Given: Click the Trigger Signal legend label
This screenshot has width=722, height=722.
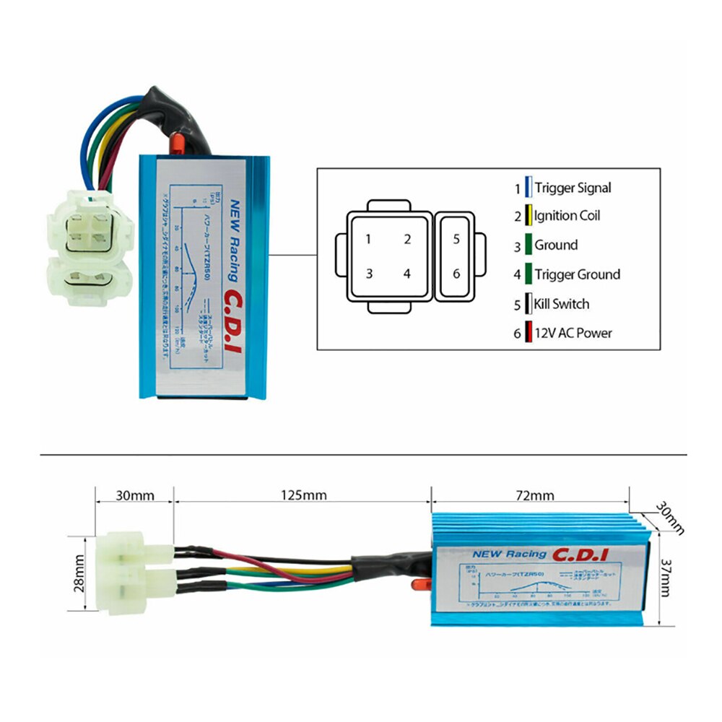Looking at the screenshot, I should (x=573, y=188).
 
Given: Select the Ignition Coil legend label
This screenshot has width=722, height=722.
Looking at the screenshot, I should (x=567, y=216).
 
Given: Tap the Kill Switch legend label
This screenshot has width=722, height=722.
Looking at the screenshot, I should (x=561, y=304).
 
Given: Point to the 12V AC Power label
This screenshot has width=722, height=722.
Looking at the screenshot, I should (x=573, y=334).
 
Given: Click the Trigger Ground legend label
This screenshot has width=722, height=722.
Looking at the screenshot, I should (x=577, y=274).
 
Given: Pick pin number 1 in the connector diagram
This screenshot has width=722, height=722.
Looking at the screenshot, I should (x=368, y=240).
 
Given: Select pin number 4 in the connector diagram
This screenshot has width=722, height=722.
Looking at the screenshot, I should (x=407, y=274).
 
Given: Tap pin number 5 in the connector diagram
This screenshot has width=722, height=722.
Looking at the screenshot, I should (x=456, y=240).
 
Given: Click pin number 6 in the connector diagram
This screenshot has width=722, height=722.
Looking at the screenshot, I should (x=456, y=274).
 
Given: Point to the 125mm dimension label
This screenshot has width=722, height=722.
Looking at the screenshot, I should (x=303, y=495).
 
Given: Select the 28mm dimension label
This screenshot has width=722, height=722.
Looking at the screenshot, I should (x=80, y=576).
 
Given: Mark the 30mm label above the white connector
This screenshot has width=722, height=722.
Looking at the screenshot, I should (x=134, y=495).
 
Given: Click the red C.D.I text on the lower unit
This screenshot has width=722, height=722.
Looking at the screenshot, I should (x=580, y=554).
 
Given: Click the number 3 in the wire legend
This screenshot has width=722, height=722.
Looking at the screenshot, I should (x=517, y=246).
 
